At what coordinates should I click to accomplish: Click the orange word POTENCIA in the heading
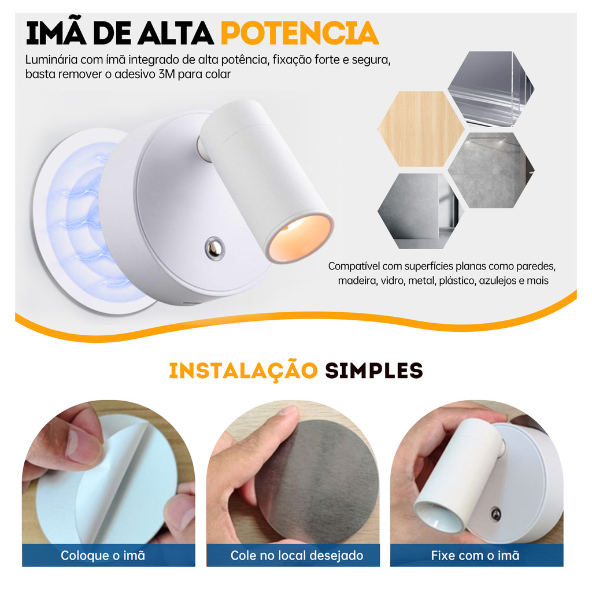point(300,33)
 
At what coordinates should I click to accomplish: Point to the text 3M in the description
point(166,74)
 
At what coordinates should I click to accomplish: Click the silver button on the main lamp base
point(214,248)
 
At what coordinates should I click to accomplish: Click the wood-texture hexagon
point(421,129)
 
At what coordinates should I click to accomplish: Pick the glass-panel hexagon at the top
point(491,88)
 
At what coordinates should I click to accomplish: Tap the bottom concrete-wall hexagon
point(421,211)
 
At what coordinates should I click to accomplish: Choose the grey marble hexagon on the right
point(491,171)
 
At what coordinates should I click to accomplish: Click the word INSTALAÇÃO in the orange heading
point(243,371)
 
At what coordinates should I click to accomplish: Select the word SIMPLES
point(374,371)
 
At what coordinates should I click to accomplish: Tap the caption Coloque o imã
point(103,556)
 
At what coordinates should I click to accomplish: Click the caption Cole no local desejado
point(297,556)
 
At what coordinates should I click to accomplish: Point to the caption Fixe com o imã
point(475,556)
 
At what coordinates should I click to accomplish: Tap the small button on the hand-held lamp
point(495,514)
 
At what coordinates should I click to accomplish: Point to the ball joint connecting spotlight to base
point(202,149)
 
